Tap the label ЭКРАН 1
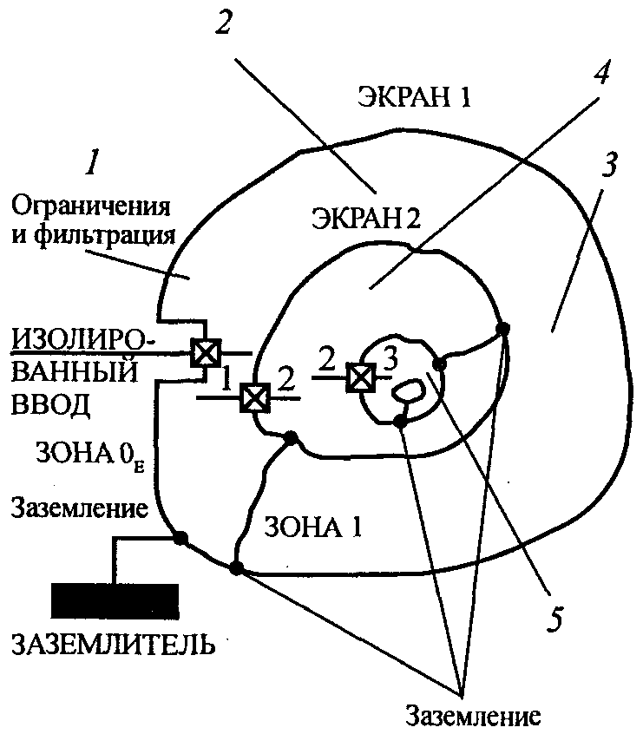click(x=414, y=97)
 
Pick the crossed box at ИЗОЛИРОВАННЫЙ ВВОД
click(x=205, y=352)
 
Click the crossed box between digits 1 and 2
click(x=253, y=397)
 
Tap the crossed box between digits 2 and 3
click(x=358, y=376)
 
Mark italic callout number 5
click(x=555, y=618)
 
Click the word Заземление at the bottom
click(x=474, y=717)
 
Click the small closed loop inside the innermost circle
click(x=406, y=390)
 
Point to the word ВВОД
click(x=47, y=404)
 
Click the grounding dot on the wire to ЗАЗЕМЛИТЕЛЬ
click(x=180, y=539)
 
